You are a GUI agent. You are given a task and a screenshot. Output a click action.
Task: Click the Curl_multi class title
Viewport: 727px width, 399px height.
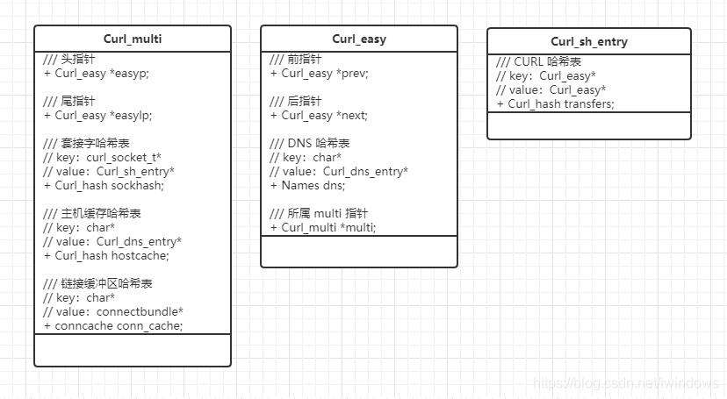[133, 39]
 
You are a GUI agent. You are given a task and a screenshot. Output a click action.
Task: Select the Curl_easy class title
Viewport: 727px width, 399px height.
[359, 39]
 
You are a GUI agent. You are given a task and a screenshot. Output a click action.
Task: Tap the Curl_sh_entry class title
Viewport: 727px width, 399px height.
[589, 41]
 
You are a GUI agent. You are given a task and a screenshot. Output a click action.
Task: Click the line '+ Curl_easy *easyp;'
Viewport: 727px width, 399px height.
[97, 73]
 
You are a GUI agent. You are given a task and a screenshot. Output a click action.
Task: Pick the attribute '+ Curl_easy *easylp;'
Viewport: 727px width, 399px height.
[98, 115]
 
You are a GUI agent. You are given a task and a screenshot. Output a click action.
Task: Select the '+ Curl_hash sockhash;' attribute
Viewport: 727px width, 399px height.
[104, 185]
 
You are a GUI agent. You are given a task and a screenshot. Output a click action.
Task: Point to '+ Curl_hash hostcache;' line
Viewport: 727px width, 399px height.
[106, 255]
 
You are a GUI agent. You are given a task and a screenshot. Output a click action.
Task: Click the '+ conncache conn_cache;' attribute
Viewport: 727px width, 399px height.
[113, 325]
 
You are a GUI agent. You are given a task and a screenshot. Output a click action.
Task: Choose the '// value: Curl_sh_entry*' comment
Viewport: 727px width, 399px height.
[109, 171]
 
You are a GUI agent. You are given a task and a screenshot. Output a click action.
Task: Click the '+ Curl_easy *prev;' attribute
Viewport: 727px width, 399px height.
[319, 73]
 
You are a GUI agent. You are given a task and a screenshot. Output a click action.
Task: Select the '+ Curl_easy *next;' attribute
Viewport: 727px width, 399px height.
[319, 115]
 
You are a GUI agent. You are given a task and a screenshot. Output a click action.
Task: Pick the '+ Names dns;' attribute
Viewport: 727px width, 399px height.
[308, 185]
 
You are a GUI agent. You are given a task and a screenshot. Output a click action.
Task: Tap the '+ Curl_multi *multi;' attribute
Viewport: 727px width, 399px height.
[323, 227]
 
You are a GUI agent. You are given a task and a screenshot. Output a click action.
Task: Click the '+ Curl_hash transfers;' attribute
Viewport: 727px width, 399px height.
[555, 103]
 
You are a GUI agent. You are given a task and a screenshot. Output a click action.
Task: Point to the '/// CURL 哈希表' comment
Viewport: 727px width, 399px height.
[538, 61]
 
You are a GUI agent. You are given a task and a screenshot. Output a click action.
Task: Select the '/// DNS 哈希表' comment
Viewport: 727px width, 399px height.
[310, 143]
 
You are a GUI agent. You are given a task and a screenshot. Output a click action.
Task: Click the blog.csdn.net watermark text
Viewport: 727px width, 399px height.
[626, 383]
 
